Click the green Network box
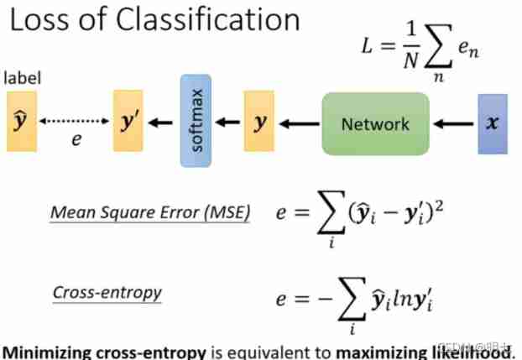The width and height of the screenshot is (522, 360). coord(375,124)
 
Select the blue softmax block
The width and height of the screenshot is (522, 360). coord(196,121)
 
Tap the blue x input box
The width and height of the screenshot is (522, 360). coord(493,124)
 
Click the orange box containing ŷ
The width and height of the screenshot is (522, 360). coord(22,122)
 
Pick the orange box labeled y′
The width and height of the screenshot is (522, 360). coord(128,121)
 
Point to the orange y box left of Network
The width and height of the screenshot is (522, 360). coord(259,121)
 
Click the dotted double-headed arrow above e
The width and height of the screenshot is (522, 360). coord(74,121)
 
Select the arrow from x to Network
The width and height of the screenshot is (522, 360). coord(453,124)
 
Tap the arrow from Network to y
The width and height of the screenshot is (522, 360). coord(300,124)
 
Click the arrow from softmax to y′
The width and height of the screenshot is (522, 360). coord(160,123)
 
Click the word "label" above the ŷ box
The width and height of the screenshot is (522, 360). coord(23,78)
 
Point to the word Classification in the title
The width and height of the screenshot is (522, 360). coord(208,20)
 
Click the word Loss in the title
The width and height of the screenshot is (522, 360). coord(41,20)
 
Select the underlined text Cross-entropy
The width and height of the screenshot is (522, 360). coord(107,293)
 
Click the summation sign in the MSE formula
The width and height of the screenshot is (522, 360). coord(331,212)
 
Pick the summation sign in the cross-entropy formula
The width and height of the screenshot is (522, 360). coord(352,299)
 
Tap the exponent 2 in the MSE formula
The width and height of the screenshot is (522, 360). coord(439,207)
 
